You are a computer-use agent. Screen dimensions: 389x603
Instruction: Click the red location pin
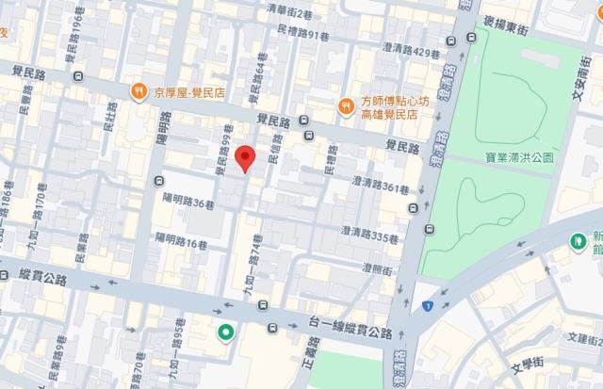(x=245, y=157)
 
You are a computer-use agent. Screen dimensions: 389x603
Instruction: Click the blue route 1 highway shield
(x=427, y=305)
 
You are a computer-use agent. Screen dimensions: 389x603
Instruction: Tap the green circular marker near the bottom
(x=227, y=332)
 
